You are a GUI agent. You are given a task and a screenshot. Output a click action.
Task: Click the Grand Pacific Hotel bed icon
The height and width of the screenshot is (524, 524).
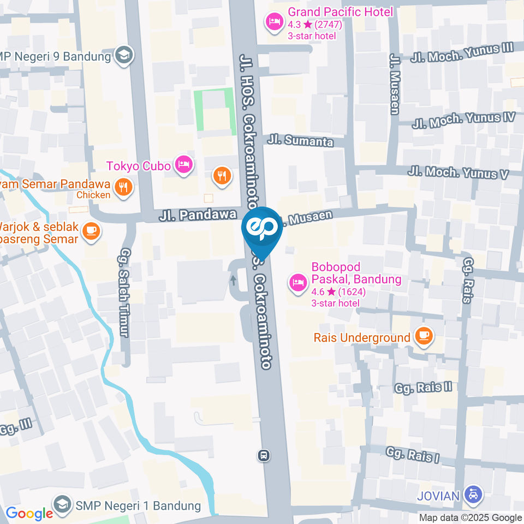(273, 22)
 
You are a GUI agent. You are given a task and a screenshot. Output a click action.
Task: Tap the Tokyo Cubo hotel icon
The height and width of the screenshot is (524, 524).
(184, 164)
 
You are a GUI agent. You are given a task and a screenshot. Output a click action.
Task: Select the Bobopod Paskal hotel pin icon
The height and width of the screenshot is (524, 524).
(297, 283)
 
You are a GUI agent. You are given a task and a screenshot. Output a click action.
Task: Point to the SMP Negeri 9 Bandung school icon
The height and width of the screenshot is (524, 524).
(124, 55)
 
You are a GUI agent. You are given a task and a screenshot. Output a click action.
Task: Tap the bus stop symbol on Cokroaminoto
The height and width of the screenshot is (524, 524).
(264, 455)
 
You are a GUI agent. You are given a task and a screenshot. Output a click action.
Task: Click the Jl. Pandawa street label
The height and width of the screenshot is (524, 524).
(198, 215)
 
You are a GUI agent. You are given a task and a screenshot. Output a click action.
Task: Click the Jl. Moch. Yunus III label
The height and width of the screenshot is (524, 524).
(463, 53)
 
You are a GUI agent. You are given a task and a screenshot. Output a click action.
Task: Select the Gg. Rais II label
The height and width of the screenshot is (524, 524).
(424, 388)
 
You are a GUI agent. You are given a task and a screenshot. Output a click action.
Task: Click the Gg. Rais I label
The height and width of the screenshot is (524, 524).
(412, 455)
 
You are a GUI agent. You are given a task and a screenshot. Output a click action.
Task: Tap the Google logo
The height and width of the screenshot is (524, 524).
(29, 513)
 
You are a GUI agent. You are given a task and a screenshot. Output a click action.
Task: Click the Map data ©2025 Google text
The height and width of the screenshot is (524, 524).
(471, 517)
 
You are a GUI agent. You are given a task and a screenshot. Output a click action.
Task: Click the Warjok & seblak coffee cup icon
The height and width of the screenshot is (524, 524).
(91, 231)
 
